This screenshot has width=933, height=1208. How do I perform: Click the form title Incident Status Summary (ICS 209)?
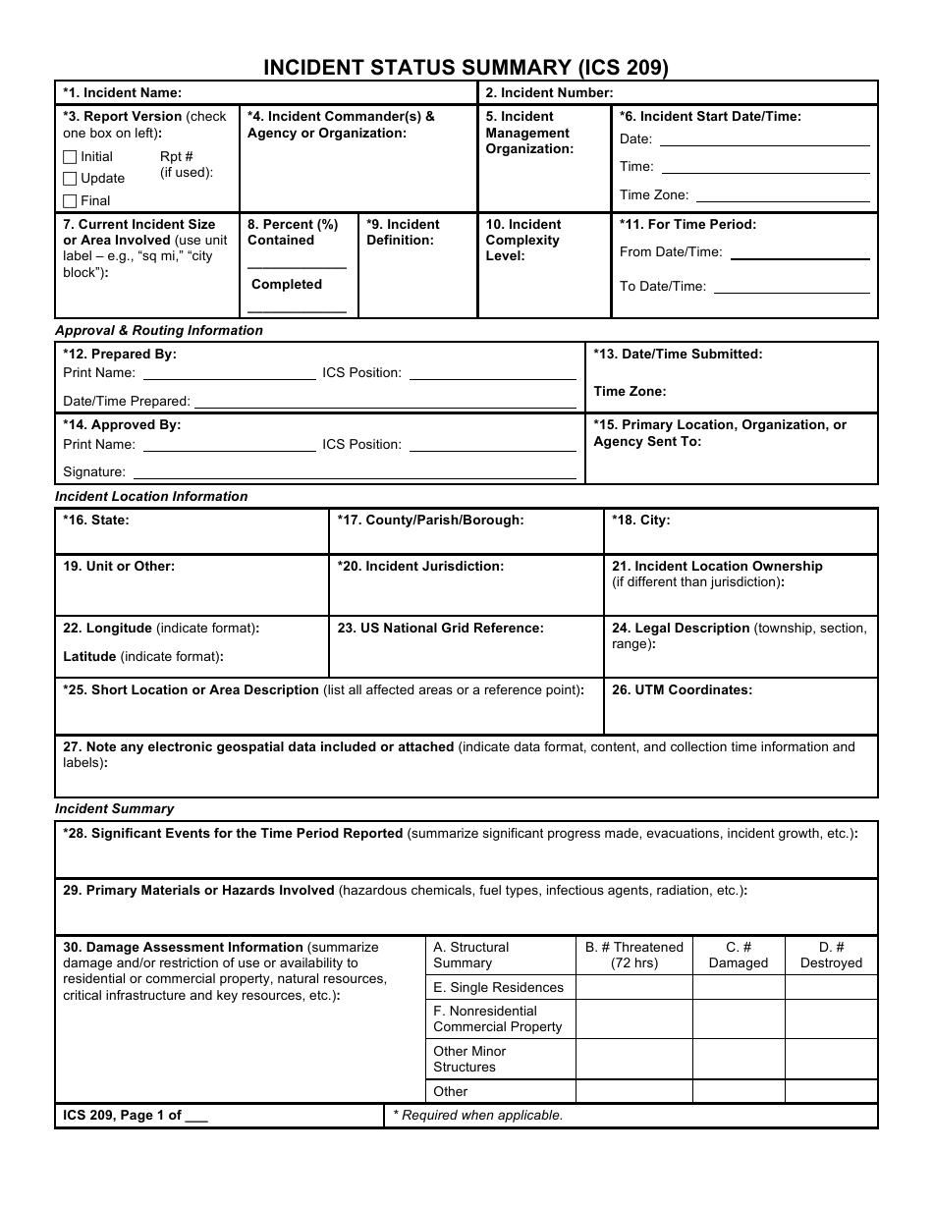tap(466, 67)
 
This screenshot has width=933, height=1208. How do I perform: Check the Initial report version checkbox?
tap(70, 157)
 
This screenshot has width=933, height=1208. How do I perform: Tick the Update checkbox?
tap(70, 179)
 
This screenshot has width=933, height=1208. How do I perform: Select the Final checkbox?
tap(70, 201)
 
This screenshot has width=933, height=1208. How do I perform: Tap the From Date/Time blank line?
tap(799, 253)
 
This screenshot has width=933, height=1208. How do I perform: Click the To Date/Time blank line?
tap(792, 288)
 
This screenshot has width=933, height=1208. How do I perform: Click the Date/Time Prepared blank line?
tap(385, 402)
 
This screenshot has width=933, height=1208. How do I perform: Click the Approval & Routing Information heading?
tap(159, 331)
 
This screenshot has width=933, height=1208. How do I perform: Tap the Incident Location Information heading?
tap(151, 497)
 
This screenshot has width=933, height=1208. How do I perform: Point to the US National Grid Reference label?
tap(440, 629)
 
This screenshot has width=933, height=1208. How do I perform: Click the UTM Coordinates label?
tap(682, 690)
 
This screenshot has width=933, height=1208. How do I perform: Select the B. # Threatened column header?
tap(633, 955)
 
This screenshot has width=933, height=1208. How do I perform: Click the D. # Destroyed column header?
tap(831, 955)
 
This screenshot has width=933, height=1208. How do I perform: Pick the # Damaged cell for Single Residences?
tap(739, 988)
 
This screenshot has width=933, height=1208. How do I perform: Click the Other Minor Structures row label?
tap(469, 1059)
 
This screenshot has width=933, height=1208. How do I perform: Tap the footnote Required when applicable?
tap(478, 1116)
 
